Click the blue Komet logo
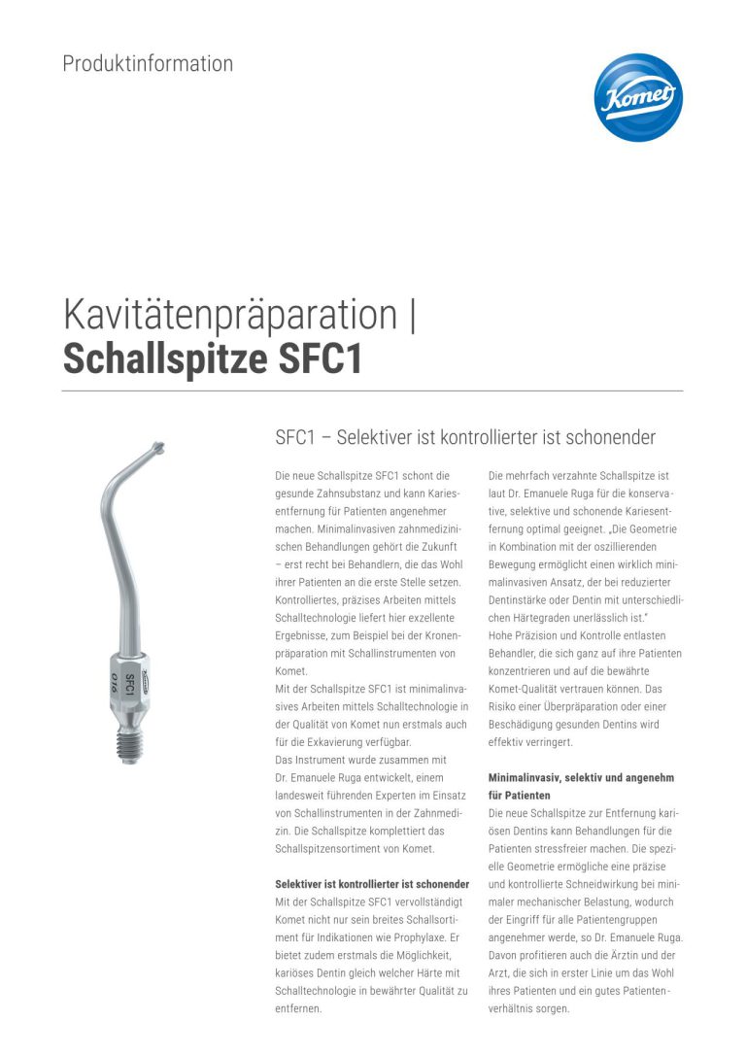tap(638, 97)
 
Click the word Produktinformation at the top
tap(148, 64)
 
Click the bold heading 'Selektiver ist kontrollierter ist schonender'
tap(373, 884)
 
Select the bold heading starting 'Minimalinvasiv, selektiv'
tap(581, 778)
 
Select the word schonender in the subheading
tap(608, 437)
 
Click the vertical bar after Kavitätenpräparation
tap(413, 316)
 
